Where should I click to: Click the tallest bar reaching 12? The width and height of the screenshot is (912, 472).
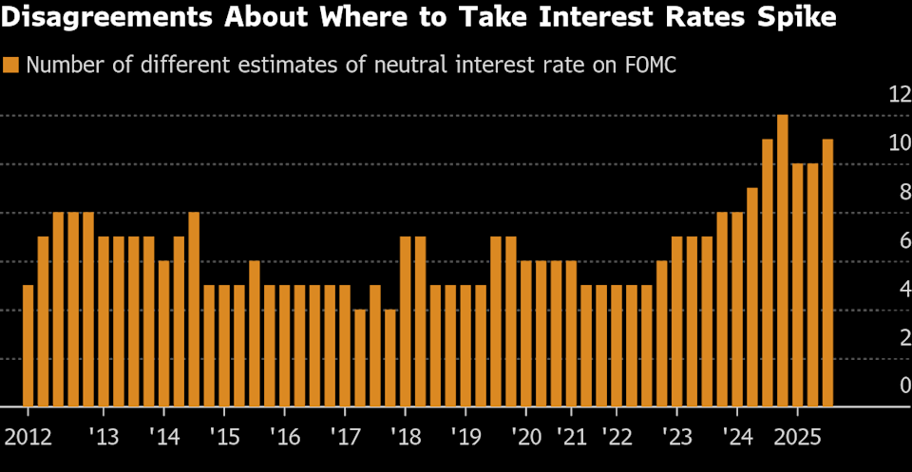click(x=783, y=260)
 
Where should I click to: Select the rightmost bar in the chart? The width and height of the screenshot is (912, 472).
click(x=827, y=273)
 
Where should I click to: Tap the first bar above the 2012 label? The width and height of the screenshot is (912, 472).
click(x=28, y=345)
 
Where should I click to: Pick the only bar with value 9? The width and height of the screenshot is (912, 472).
click(x=752, y=296)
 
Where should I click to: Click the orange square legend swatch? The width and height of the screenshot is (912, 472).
click(x=11, y=66)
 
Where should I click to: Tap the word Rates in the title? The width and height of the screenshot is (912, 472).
click(x=704, y=18)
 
